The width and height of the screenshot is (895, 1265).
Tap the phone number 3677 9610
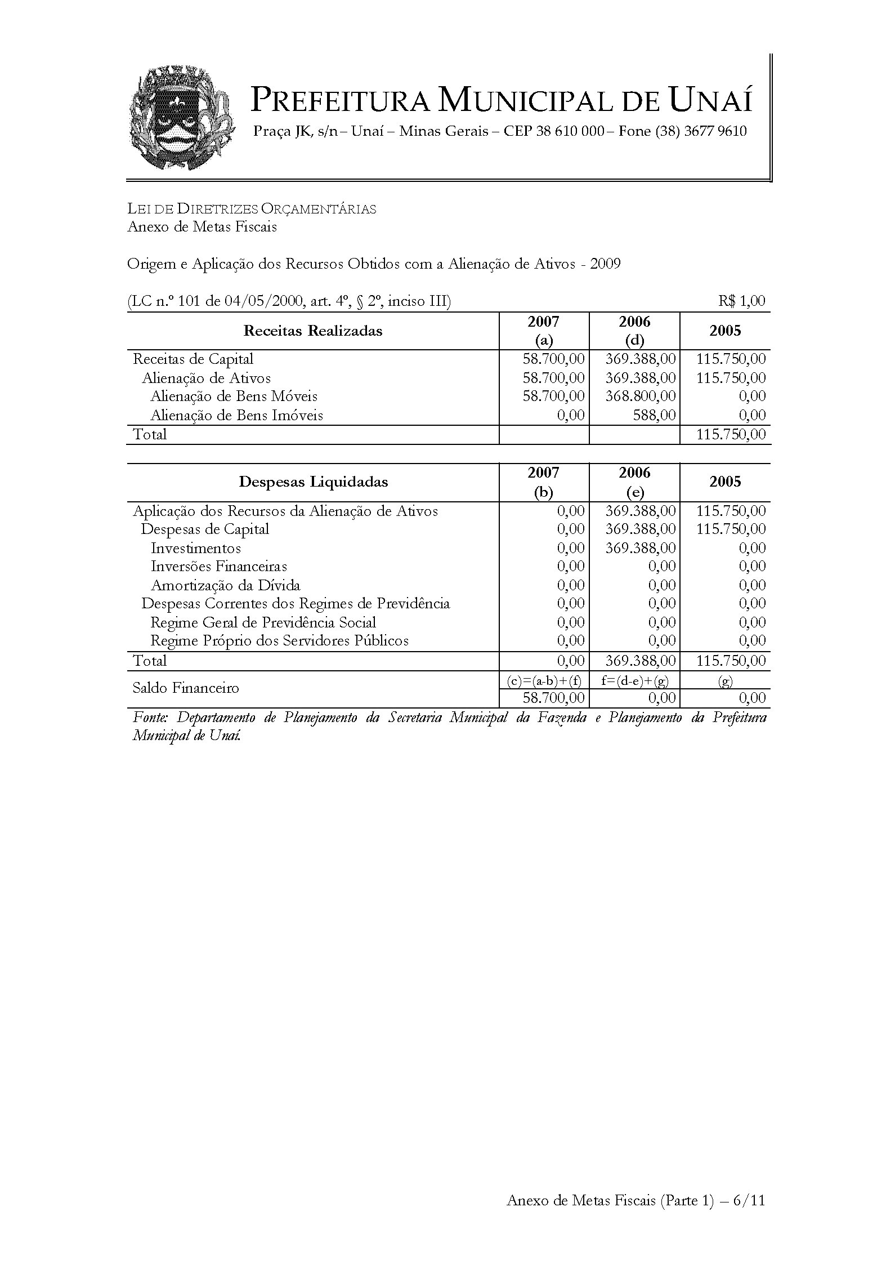[x=715, y=132]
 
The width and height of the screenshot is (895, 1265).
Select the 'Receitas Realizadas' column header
[x=312, y=331]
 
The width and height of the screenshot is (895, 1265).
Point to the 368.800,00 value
[x=640, y=397]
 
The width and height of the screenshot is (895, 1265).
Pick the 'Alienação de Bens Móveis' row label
[x=234, y=397]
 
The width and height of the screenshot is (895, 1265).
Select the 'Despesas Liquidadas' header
[x=313, y=482]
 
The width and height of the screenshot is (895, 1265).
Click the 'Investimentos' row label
[x=195, y=548]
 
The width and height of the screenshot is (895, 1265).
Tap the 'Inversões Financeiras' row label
[x=218, y=567]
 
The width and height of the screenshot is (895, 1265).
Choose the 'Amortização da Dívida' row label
[x=225, y=585]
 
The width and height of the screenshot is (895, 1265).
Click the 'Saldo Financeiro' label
[x=186, y=688]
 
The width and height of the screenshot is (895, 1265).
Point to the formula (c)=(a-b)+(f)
[x=544, y=680]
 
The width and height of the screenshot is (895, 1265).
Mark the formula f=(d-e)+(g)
[x=634, y=680]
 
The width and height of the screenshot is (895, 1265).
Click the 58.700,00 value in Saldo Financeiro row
[x=553, y=698]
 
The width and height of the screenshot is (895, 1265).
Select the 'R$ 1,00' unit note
[x=741, y=301]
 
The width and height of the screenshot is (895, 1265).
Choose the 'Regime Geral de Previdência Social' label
[x=263, y=622]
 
